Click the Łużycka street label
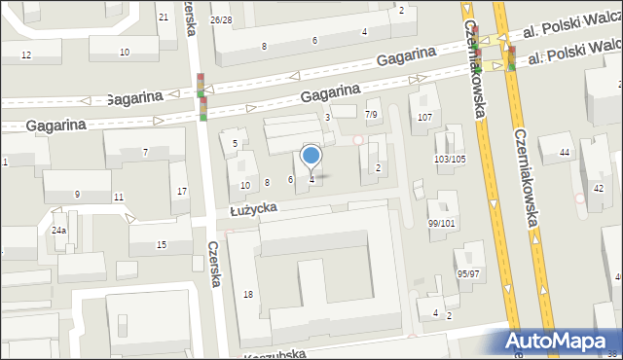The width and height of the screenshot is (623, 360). [254, 208]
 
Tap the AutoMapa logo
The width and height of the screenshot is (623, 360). [561, 342]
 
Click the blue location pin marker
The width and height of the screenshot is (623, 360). [311, 156]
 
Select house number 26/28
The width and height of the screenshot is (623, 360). [221, 19]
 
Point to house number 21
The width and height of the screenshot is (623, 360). [163, 18]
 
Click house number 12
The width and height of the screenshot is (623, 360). [26, 54]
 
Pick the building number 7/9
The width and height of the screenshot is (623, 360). [371, 115]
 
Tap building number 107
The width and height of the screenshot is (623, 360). [424, 117]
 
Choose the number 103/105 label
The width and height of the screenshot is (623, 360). [450, 159]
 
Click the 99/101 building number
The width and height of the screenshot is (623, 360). [441, 223]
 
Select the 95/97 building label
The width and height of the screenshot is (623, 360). [468, 273]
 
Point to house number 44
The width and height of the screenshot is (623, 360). [565, 152]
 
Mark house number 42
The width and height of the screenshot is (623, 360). [598, 188]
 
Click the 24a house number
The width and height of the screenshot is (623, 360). [59, 230]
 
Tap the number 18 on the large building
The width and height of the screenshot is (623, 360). [248, 294]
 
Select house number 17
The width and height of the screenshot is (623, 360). [182, 191]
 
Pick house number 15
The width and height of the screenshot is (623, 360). [162, 244]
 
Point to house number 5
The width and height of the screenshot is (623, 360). [236, 144]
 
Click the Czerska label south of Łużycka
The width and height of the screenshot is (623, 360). [216, 265]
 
